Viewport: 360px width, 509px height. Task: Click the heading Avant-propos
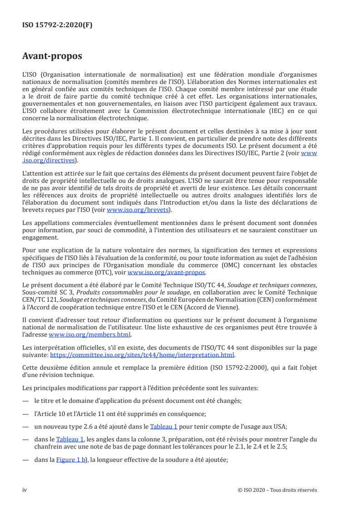pos(52,56)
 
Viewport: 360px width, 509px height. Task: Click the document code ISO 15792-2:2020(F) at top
pos(57,25)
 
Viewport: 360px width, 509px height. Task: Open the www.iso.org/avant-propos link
pos(167,273)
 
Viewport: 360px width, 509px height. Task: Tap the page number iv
pos(25,490)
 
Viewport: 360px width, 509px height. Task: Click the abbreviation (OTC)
pos(107,273)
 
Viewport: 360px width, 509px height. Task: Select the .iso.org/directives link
pos(49,160)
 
